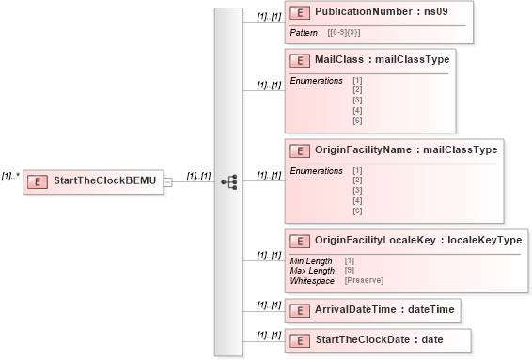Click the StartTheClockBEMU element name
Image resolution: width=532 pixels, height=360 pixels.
pyautogui.click(x=106, y=180)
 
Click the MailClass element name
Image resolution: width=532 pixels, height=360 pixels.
pyautogui.click(x=340, y=60)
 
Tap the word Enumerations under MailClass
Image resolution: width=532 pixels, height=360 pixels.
pyautogui.click(x=317, y=80)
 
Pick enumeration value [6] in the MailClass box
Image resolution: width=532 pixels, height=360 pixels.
pyautogui.click(x=357, y=121)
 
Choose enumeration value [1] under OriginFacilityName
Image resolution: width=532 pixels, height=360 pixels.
pyautogui.click(x=357, y=170)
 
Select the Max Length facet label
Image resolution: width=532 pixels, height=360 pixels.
pyautogui.click(x=312, y=271)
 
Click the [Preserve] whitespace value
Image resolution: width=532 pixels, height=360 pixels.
pyautogui.click(x=364, y=280)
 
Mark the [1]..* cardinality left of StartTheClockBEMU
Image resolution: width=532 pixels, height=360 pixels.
pyautogui.click(x=11, y=175)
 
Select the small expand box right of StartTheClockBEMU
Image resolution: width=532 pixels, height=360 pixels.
pyautogui.click(x=168, y=181)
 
